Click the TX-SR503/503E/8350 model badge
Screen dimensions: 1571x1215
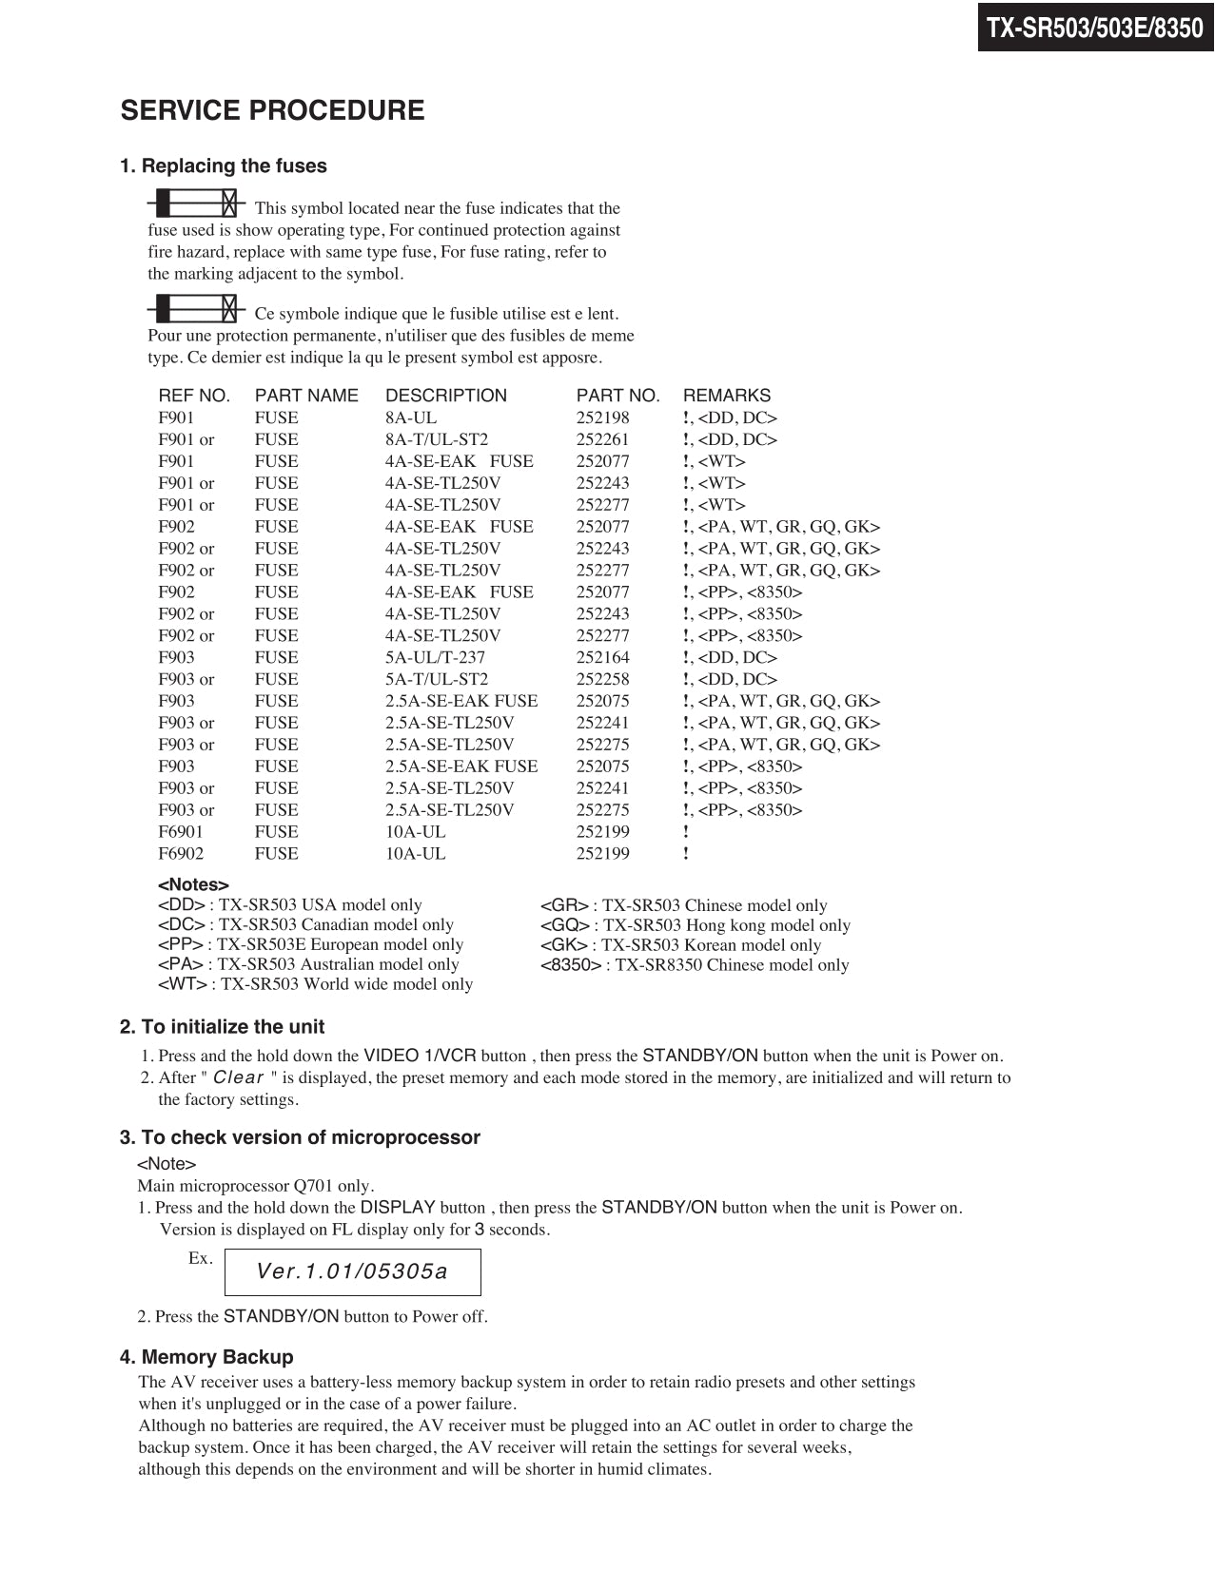tap(1095, 28)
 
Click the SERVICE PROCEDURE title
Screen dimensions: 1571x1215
tap(272, 110)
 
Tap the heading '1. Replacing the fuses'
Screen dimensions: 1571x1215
tap(223, 166)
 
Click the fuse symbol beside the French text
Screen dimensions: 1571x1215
tap(196, 309)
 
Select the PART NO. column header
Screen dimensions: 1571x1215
tap(617, 396)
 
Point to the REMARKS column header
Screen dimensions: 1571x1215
tap(727, 396)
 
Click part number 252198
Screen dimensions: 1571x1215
tap(602, 417)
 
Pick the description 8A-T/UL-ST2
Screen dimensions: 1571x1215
tap(436, 439)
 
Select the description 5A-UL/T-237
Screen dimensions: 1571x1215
tap(435, 657)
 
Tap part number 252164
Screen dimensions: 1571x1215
tap(602, 657)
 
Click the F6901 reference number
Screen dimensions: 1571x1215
tap(181, 832)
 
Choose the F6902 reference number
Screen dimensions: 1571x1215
tap(181, 854)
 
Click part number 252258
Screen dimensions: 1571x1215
tap(602, 679)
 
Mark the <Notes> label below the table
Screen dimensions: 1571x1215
tap(193, 885)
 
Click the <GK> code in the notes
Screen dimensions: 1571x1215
tap(563, 945)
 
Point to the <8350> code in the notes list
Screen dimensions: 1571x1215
tap(571, 965)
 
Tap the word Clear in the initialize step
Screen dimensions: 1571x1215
tap(238, 1077)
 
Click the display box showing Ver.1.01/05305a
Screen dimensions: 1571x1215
tap(352, 1272)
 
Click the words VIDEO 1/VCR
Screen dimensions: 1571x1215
tap(420, 1056)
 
